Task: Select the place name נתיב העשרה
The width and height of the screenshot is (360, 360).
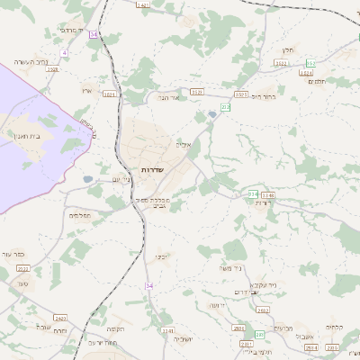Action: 30,61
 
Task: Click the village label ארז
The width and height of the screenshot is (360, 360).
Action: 87,90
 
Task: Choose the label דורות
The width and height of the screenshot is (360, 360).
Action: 264,203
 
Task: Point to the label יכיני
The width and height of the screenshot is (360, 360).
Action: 161,256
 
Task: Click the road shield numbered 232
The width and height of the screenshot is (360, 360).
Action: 225,107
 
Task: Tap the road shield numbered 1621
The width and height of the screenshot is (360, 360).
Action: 110,94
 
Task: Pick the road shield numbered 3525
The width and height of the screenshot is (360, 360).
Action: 197,92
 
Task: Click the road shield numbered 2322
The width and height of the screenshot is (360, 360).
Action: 24,268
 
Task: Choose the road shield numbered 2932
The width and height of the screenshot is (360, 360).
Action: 263,310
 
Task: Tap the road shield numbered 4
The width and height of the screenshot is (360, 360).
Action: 65,53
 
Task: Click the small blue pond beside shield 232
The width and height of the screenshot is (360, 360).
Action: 212,114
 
